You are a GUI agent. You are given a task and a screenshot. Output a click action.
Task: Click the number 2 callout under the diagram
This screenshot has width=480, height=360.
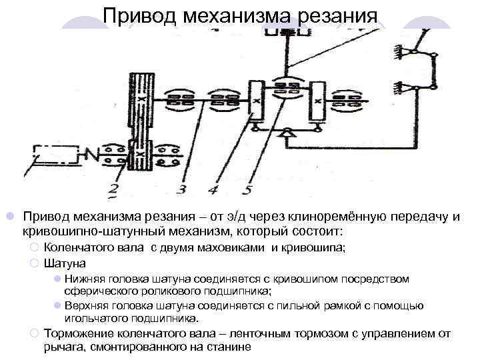115,192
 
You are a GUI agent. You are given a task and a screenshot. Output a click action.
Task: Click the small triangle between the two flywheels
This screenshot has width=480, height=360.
287,136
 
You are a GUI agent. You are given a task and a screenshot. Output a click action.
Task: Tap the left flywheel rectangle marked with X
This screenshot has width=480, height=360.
256,103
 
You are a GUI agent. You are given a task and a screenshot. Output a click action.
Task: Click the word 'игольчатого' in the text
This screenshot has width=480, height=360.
95,319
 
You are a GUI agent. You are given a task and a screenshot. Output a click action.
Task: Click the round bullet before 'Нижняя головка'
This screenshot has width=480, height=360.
57,279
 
